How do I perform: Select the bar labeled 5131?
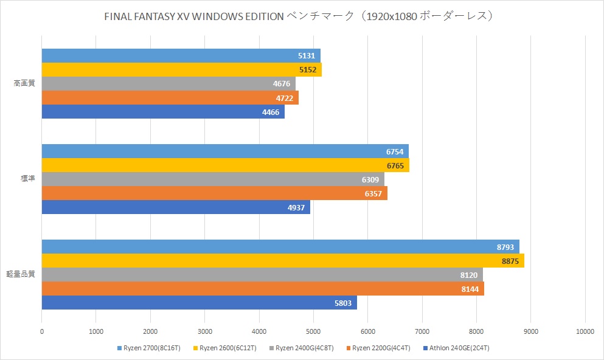tap(181, 55)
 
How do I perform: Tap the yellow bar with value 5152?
tap(181, 69)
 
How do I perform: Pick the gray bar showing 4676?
tap(168, 83)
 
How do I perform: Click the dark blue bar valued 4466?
tap(163, 112)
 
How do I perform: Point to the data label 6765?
tap(396, 165)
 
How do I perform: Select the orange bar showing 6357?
tap(214, 193)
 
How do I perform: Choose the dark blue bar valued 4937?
tap(176, 207)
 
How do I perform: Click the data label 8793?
tap(506, 247)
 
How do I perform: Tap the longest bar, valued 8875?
tap(283, 261)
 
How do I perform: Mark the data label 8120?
tap(470, 275)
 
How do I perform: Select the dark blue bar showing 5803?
tap(199, 303)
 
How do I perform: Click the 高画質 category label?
tap(24, 83)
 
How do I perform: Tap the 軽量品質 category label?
tap(24, 274)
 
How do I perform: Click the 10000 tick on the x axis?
tap(585, 331)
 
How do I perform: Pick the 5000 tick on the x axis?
tap(313, 331)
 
